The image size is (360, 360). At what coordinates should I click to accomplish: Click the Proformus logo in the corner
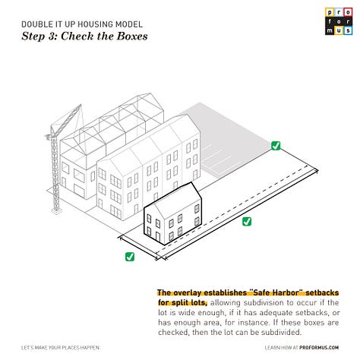click(339, 21)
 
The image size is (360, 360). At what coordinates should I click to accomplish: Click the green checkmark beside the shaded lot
click(276, 146)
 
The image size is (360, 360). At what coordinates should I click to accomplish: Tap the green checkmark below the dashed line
click(247, 222)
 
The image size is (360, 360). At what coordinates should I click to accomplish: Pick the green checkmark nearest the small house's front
click(130, 257)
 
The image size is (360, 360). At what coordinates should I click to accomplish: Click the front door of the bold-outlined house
click(158, 237)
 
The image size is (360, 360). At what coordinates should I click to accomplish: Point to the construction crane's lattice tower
click(55, 175)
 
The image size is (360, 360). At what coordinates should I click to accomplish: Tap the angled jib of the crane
click(66, 120)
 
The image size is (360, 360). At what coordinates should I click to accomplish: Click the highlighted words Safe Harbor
click(276, 292)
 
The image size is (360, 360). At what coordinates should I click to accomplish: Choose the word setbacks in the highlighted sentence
click(322, 292)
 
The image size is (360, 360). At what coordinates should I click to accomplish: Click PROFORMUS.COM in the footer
click(319, 348)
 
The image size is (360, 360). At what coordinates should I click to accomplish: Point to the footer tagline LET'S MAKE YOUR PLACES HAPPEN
click(60, 348)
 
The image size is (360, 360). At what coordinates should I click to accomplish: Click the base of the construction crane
click(56, 210)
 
